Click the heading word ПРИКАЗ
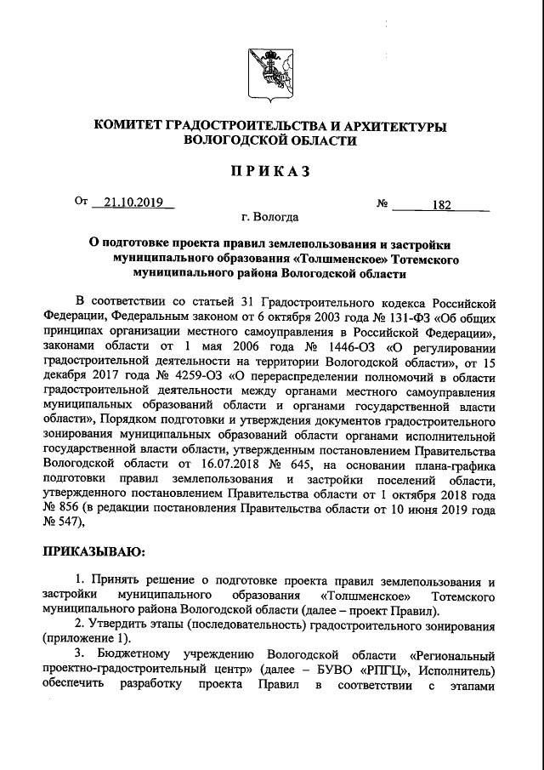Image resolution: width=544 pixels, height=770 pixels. pos(271,173)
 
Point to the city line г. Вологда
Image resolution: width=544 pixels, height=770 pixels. pos(270,219)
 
